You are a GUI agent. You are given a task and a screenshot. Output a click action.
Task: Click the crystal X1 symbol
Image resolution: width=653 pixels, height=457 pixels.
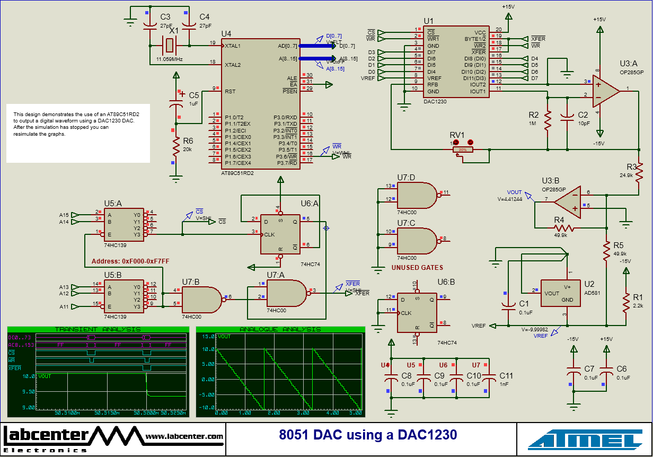tap(170, 45)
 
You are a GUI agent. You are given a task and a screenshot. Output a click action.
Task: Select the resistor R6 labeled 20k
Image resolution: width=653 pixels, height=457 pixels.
tap(176, 150)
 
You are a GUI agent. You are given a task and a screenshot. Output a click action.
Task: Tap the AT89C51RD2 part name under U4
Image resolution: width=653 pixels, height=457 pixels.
tap(237, 173)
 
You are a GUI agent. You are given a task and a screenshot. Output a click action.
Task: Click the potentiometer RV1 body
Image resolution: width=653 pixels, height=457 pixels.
tap(463, 150)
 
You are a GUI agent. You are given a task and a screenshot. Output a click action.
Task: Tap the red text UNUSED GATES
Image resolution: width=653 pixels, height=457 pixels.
tap(417, 268)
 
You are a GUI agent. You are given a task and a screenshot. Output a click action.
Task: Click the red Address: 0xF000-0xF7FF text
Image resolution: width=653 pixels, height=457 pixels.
tap(130, 261)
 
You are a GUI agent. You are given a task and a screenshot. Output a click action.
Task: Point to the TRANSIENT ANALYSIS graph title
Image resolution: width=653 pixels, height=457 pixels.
tap(98, 329)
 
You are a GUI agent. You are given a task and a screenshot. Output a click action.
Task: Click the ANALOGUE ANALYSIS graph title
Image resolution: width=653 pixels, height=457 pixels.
tap(280, 329)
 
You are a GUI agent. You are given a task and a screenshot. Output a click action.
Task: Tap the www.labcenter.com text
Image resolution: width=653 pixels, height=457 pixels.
tap(184, 436)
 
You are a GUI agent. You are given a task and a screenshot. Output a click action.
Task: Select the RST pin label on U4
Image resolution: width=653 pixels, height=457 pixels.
tap(230, 91)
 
